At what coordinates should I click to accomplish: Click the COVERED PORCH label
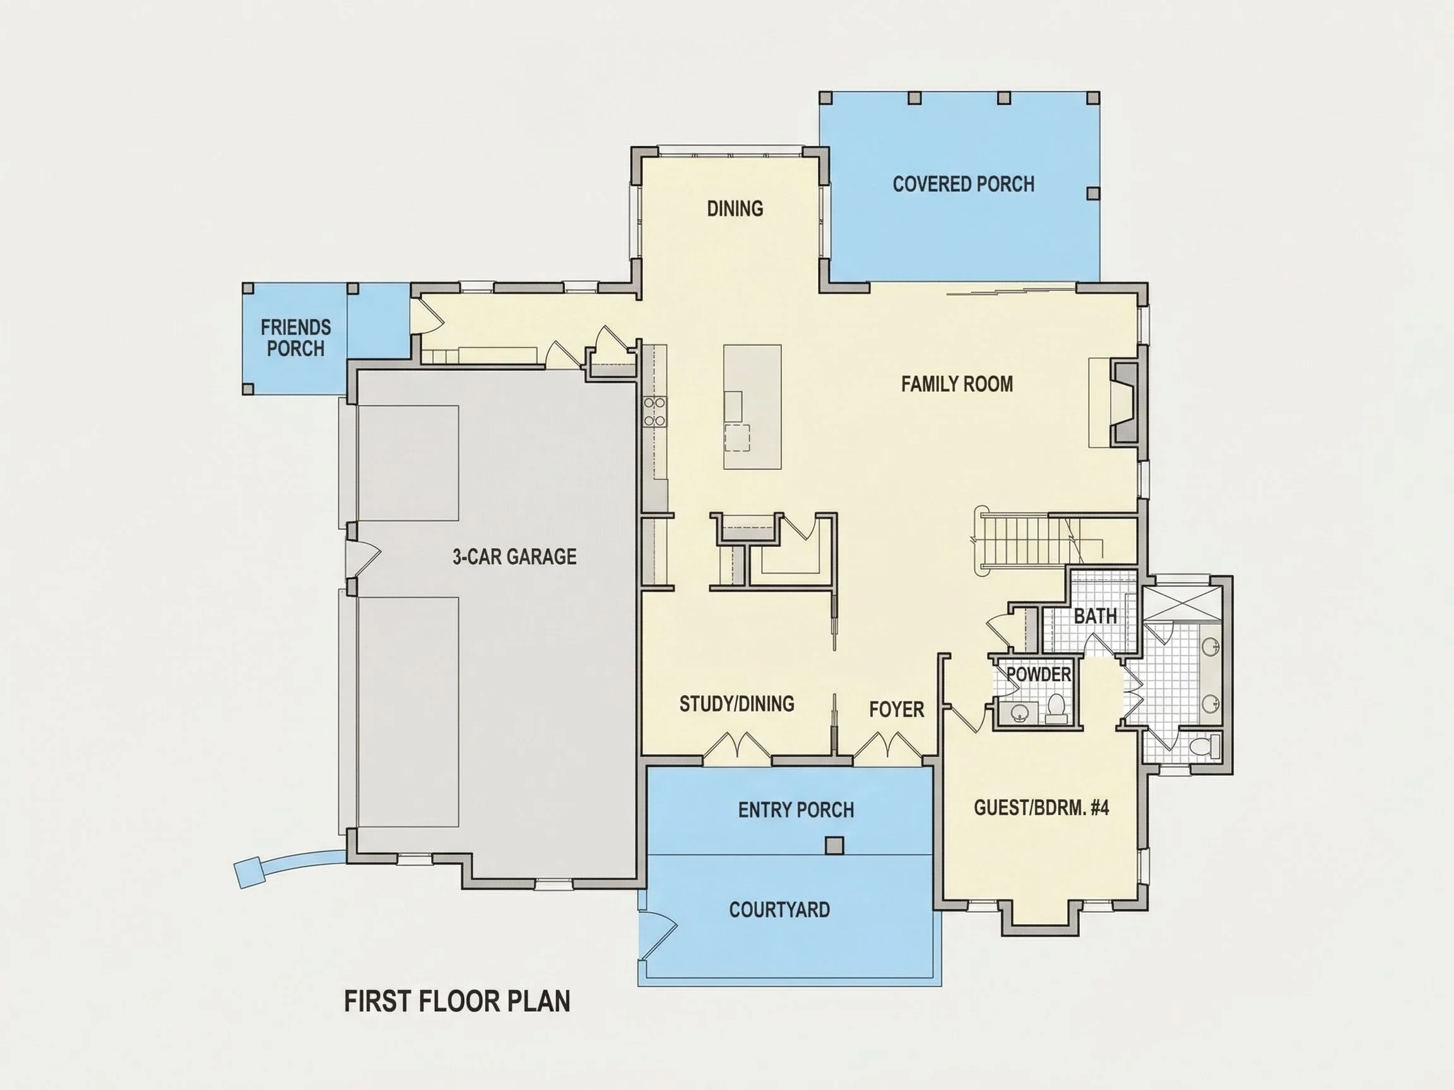963,184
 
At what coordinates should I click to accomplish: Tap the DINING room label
735,209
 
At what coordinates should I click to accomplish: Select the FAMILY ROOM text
957,384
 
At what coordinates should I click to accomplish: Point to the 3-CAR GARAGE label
514,556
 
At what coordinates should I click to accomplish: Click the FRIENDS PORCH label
296,337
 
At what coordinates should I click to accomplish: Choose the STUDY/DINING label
737,704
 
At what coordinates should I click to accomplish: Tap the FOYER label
897,710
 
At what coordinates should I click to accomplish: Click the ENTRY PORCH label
796,810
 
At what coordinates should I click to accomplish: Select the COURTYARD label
779,910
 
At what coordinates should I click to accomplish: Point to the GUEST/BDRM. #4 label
1041,807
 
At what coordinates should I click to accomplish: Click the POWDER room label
1039,674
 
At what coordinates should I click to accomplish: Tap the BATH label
1095,616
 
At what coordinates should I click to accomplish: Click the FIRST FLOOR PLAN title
458,1001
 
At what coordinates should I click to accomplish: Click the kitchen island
753,407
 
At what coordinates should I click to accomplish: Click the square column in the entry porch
834,846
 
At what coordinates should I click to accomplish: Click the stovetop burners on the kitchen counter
654,412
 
